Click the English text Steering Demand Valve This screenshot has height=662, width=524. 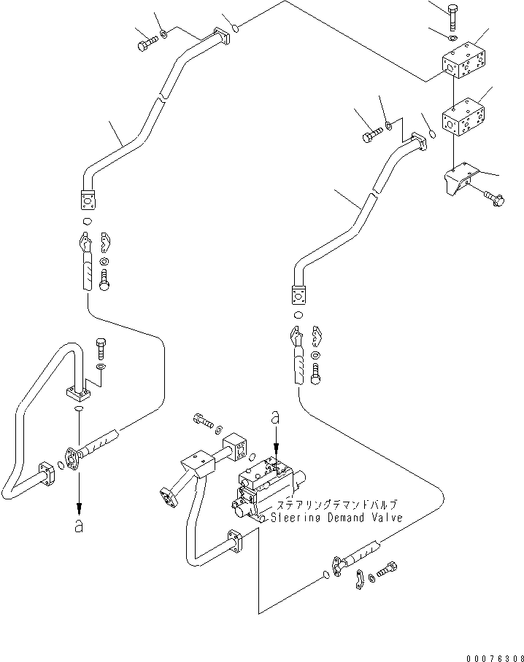click(x=336, y=518)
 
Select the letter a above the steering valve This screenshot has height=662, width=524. click(x=275, y=418)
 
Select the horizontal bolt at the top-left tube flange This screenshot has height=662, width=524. click(x=145, y=43)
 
